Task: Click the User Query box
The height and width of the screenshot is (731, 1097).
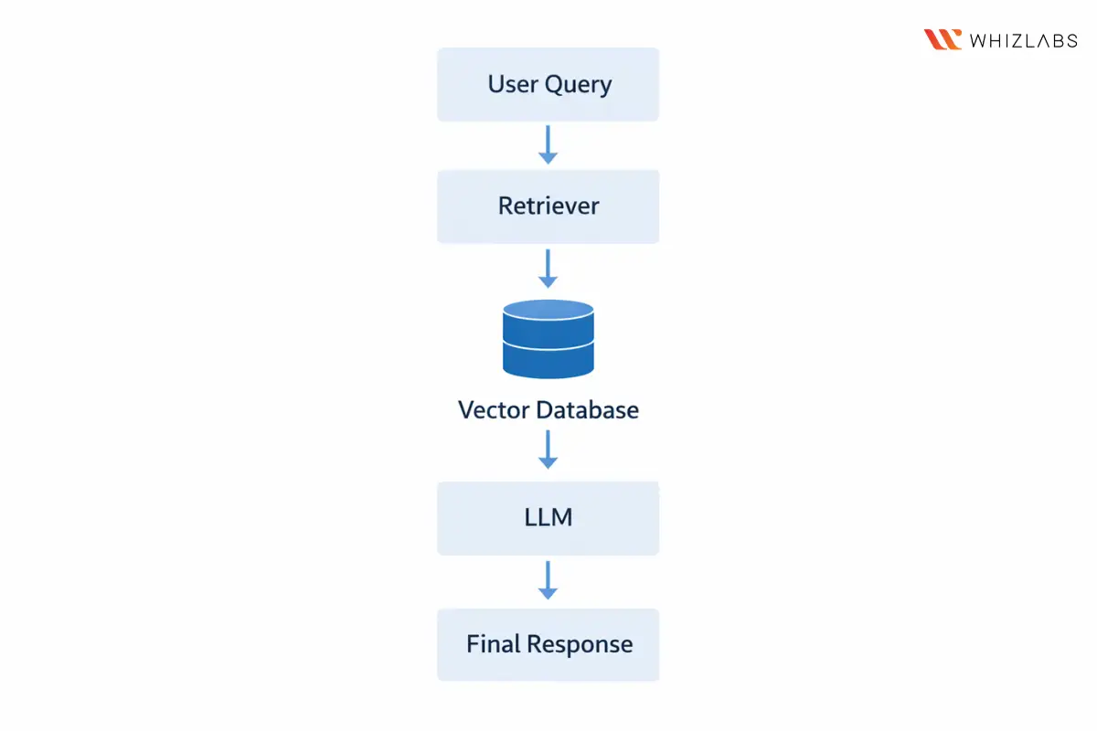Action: tap(548, 84)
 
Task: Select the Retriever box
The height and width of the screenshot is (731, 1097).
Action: tap(548, 206)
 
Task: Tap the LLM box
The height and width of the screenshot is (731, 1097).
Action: tap(548, 517)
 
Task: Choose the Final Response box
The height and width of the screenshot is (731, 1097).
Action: tap(548, 644)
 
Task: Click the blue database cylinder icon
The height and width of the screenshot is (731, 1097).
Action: tap(548, 339)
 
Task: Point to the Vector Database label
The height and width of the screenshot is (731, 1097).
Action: tap(548, 409)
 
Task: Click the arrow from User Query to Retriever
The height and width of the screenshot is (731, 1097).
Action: tap(548, 145)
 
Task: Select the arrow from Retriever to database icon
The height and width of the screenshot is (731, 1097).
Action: tap(548, 268)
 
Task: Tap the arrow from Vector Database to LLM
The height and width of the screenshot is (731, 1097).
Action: tap(548, 450)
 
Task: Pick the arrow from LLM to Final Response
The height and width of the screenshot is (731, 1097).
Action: tap(548, 580)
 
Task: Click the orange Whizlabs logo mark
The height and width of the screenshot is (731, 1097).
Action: tap(943, 39)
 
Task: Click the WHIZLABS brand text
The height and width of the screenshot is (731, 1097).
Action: tap(1023, 40)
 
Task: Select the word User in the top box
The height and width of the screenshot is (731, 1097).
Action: tap(513, 84)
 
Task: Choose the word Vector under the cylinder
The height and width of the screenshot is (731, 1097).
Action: tap(494, 409)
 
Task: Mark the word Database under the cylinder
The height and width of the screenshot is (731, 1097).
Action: tap(587, 409)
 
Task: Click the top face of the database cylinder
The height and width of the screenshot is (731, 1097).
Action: tap(548, 312)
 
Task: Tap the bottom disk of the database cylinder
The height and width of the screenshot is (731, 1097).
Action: tap(548, 361)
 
